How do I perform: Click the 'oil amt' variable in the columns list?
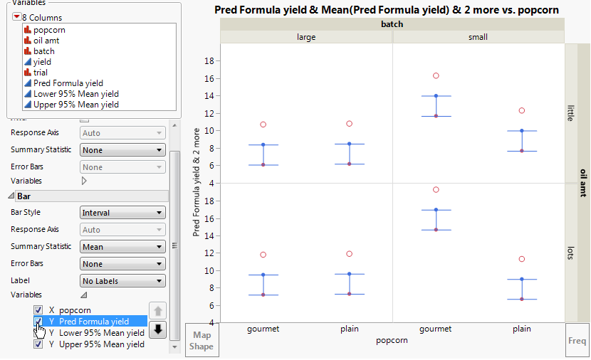(47, 41)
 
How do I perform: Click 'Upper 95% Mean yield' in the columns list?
(75, 105)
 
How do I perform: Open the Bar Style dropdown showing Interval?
(122, 213)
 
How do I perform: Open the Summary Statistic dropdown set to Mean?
(122, 247)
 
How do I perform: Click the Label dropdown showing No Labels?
(122, 281)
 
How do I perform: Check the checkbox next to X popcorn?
(38, 310)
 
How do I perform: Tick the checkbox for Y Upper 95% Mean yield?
(38, 344)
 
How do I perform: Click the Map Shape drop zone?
(201, 341)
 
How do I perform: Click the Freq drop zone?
(577, 341)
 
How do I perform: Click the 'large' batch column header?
(306, 37)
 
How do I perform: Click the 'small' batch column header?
(478, 37)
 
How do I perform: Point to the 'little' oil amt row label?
(570, 114)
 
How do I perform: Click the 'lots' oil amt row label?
(570, 253)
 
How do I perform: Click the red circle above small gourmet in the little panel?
(436, 75)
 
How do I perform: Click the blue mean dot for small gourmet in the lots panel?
(436, 210)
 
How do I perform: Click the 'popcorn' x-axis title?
(392, 340)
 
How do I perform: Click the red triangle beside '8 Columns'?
(17, 17)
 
